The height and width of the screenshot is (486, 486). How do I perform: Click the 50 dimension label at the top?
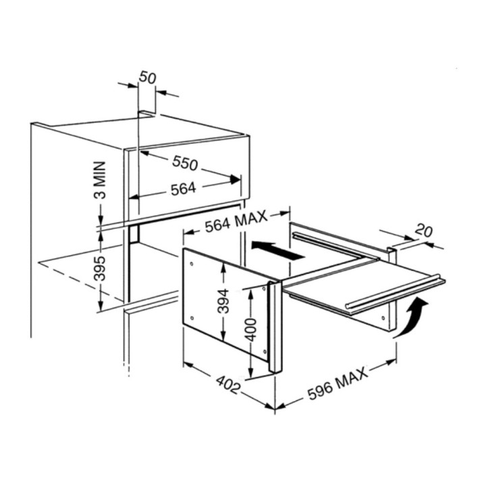(147, 78)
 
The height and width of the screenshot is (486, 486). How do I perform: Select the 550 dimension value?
(185, 163)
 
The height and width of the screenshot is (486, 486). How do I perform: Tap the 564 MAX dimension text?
(236, 221)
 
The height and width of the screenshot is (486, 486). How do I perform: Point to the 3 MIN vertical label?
(100, 180)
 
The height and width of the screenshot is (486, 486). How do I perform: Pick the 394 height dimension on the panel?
(223, 301)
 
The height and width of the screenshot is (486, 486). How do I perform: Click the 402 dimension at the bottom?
(228, 385)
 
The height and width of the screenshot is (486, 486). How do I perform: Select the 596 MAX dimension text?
(337, 383)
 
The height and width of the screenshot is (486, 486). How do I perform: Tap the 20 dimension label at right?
(423, 230)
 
